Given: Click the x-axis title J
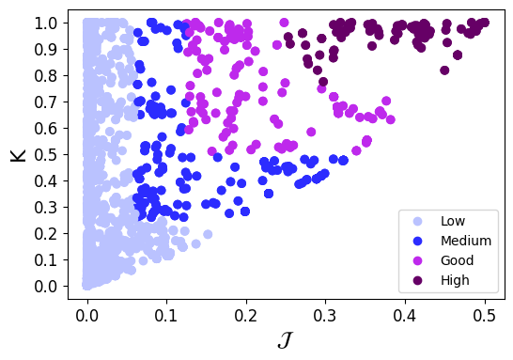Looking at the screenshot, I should [285, 340].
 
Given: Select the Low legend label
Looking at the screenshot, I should [453, 221].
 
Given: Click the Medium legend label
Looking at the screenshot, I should [465, 241].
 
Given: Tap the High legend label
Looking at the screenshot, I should [455, 280].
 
